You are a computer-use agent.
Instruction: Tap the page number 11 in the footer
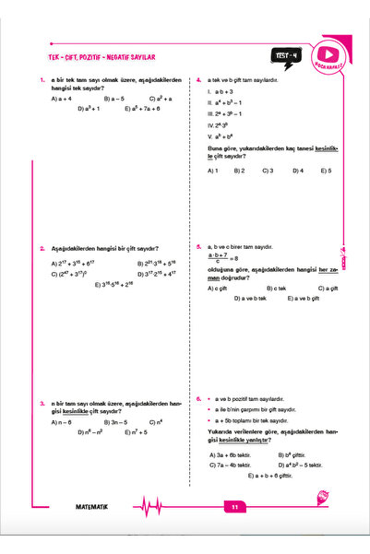235,506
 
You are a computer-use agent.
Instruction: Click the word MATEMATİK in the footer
92,506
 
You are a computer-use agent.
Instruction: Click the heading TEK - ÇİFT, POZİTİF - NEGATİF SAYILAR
97,56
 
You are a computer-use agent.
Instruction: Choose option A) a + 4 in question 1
63,97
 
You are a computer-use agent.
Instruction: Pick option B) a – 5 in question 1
114,97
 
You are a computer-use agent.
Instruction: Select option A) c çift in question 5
220,289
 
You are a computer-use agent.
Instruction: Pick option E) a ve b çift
303,299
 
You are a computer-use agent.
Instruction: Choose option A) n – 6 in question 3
63,421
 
